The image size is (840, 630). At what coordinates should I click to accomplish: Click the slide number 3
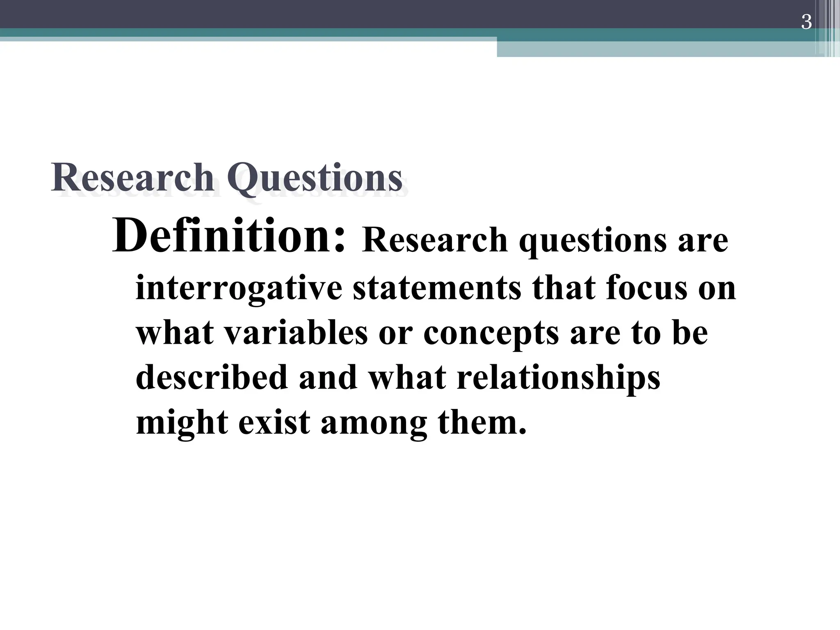(x=806, y=22)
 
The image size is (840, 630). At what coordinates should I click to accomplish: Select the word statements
(x=437, y=288)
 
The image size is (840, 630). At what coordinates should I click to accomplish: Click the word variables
(x=296, y=333)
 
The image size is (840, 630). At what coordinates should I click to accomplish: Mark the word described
(x=212, y=377)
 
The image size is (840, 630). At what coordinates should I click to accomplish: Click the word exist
(x=274, y=422)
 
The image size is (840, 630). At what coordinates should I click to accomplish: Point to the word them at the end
(x=482, y=422)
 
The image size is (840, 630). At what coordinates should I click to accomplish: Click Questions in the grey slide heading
(x=315, y=178)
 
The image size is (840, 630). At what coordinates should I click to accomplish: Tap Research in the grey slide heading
(x=132, y=178)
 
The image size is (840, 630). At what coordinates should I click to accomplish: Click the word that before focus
(x=564, y=288)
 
